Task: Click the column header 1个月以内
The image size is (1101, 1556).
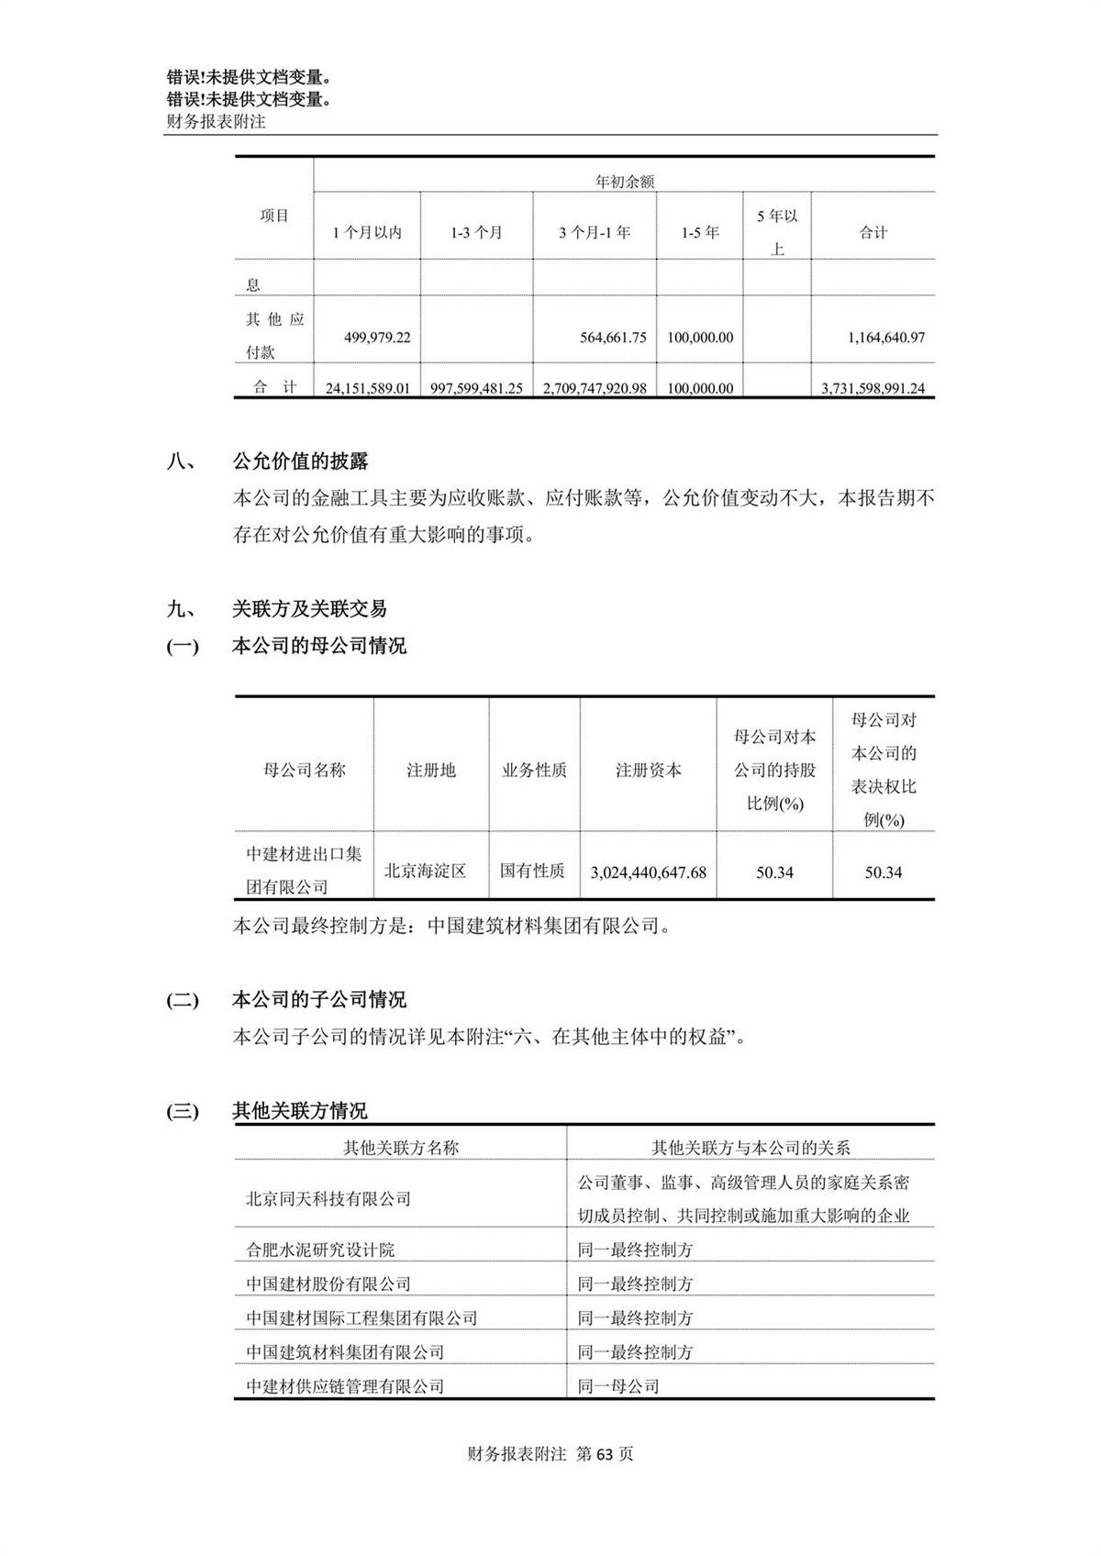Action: coord(367,233)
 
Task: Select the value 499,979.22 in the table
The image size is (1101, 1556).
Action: coord(377,338)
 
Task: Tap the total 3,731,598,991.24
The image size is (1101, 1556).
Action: coord(873,388)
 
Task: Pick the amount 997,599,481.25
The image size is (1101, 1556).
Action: coord(476,388)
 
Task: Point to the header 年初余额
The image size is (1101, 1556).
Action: coord(625,182)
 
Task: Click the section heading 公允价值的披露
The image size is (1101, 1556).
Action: coord(300,461)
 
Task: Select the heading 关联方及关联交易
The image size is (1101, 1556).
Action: coord(309,608)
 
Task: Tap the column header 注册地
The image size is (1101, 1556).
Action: coord(430,771)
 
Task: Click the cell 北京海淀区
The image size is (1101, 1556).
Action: coord(425,871)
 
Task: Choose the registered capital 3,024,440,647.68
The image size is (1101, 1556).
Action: coord(649,872)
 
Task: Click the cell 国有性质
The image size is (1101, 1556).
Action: coord(532,871)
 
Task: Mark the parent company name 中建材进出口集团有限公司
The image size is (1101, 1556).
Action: coord(304,871)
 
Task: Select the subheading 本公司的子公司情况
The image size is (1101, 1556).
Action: coord(318,999)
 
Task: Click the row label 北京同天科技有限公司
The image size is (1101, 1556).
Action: coord(328,1199)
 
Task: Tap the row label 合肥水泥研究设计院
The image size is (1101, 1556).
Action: coord(320,1250)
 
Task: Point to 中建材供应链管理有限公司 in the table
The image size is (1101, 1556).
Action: coord(345,1386)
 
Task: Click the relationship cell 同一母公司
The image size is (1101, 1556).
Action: coord(618,1386)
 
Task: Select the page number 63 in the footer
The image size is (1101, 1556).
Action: coord(606,1454)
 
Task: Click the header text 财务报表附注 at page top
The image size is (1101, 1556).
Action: coord(216,121)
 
